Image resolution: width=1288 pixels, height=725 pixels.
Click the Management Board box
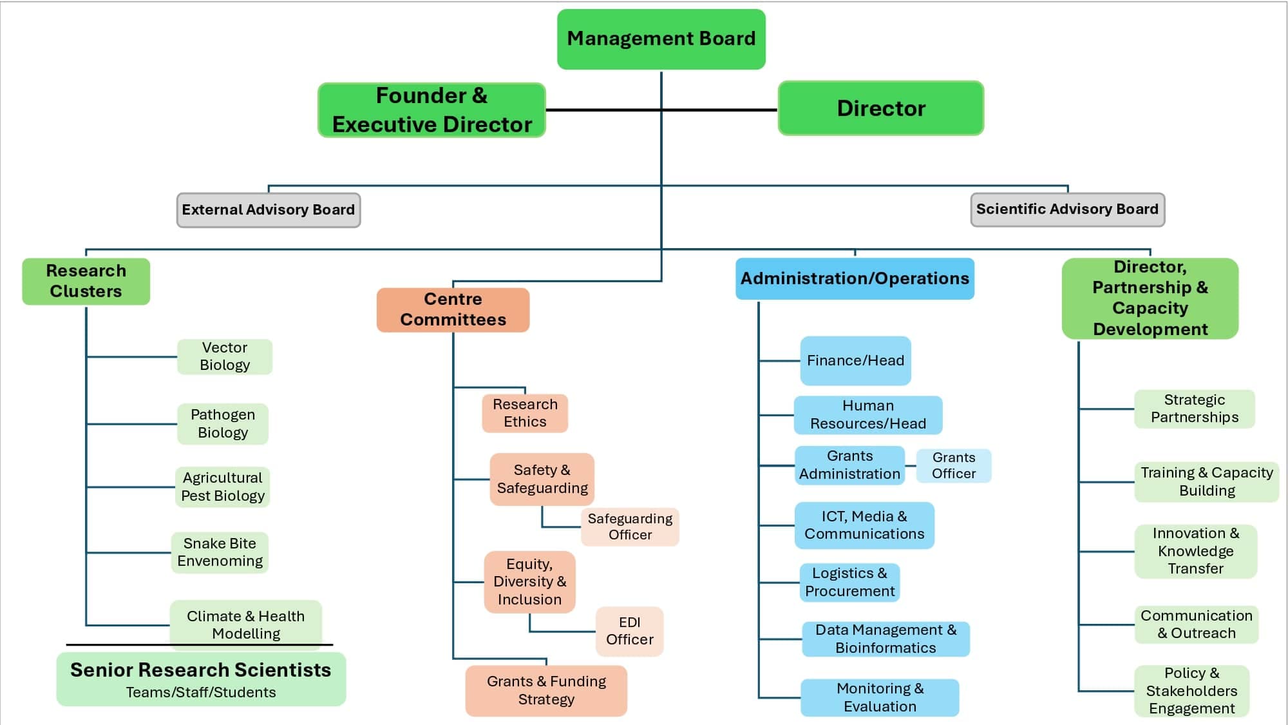pyautogui.click(x=661, y=39)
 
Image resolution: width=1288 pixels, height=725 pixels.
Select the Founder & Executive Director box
pyautogui.click(x=431, y=110)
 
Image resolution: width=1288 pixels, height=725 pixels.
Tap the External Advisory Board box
pyautogui.click(x=268, y=210)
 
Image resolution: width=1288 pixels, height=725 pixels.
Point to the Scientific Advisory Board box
pyautogui.click(x=1067, y=209)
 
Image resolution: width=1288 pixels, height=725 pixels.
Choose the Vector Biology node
pyautogui.click(x=224, y=356)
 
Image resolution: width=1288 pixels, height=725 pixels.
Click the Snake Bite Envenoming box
pyautogui.click(x=220, y=552)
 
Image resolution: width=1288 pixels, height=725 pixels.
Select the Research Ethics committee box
pyautogui.click(x=525, y=413)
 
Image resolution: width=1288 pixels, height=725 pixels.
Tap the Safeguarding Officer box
pyautogui.click(x=630, y=527)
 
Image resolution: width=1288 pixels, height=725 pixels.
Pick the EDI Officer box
pyautogui.click(x=629, y=631)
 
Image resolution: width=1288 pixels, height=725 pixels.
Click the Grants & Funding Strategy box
pyautogui.click(x=546, y=690)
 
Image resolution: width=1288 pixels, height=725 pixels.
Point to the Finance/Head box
pyautogui.click(x=855, y=361)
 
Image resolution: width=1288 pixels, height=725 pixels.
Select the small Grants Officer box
pyautogui.click(x=954, y=465)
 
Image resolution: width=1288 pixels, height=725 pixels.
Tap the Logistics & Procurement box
pyautogui.click(x=849, y=582)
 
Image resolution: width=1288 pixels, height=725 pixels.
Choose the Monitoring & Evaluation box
pyautogui.click(x=880, y=697)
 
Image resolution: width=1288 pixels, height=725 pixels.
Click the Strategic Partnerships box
pyautogui.click(x=1195, y=409)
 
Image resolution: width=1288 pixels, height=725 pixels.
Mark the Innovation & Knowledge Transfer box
pyautogui.click(x=1195, y=551)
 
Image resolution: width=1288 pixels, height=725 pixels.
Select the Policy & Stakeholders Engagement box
pyautogui.click(x=1191, y=691)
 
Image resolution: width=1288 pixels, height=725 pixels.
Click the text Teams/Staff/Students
pyautogui.click(x=201, y=693)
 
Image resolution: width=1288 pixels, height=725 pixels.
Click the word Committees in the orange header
pyautogui.click(x=453, y=320)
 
